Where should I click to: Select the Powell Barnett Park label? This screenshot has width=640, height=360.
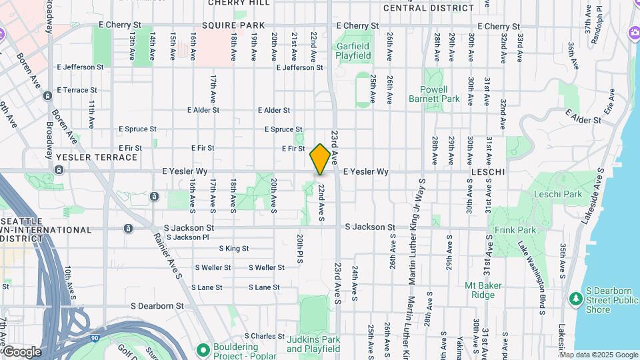click(440, 94)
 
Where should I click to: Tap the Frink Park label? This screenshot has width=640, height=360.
click(515, 230)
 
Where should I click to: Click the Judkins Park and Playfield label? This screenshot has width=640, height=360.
click(313, 344)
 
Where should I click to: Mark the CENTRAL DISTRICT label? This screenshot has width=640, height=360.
click(429, 8)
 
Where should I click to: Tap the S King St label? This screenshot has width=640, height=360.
click(234, 248)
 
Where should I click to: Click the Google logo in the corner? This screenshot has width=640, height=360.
click(21, 352)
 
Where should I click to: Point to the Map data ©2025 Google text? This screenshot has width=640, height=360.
click(599, 355)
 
